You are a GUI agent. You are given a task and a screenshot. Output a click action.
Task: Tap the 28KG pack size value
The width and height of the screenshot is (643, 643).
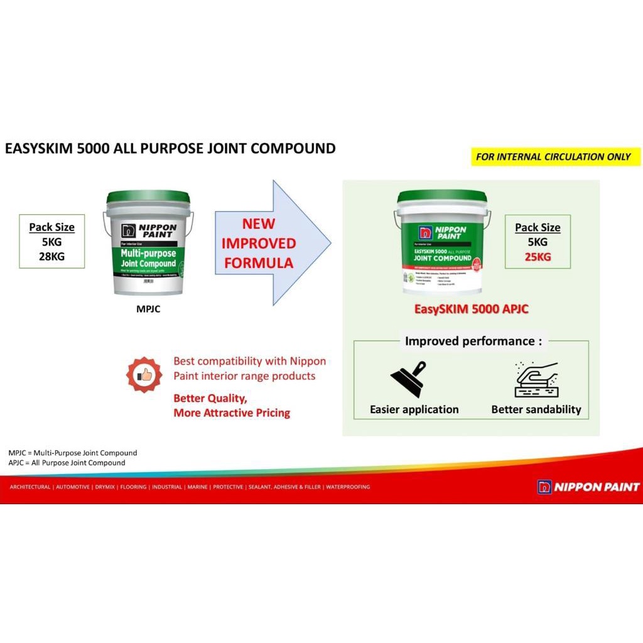tap(51, 256)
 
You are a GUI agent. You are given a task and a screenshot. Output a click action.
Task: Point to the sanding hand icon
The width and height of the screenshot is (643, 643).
tap(536, 379)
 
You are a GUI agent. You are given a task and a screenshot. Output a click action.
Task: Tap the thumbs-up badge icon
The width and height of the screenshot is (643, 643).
tap(144, 375)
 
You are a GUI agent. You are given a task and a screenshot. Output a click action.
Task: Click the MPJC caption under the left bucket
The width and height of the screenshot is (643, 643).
tap(148, 308)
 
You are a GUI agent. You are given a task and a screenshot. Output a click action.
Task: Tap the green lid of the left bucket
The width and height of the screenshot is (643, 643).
tap(148, 197)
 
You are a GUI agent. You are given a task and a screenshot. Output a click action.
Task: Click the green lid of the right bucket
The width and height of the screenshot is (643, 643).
tap(442, 196)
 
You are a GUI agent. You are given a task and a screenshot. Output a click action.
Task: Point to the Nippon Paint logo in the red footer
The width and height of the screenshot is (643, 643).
tap(588, 487)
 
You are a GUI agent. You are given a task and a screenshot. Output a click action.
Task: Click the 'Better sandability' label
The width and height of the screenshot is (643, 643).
tap(536, 409)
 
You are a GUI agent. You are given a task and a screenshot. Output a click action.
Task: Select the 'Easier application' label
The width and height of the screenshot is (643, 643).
tap(414, 409)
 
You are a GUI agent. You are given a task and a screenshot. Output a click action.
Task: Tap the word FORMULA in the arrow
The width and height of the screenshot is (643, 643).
tap(259, 262)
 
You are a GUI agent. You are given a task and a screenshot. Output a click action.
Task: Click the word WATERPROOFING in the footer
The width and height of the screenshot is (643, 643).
tap(348, 487)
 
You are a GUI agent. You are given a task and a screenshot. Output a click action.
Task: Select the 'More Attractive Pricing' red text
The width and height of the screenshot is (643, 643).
tap(232, 413)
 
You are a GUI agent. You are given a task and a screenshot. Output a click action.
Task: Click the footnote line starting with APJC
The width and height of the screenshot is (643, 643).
tap(67, 463)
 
